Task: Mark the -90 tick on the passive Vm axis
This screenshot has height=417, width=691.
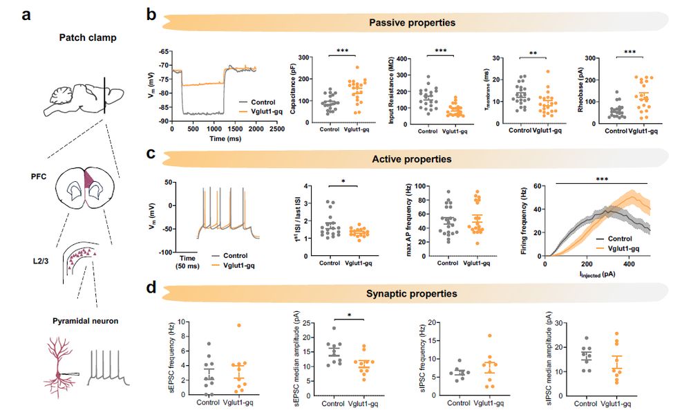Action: click(x=164, y=121)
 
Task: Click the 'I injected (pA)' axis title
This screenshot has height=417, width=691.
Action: click(x=598, y=274)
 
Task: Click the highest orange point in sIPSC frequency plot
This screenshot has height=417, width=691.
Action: click(x=470, y=336)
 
